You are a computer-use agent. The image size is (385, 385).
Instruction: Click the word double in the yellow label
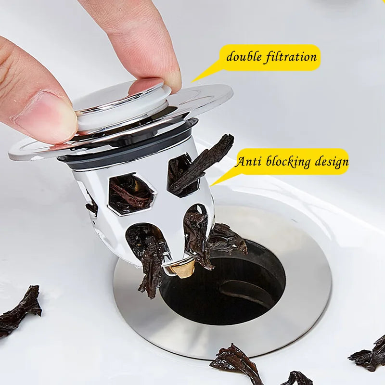pos(244,57)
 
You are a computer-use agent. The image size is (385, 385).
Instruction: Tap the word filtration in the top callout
pos(291,57)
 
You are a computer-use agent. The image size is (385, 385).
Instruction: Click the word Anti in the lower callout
pos(248,162)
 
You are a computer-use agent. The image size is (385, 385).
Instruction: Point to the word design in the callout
pos(331,162)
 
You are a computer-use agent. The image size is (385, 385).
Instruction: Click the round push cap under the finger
pos(120,103)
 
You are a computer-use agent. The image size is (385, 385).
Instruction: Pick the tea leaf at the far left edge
pos(19,310)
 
